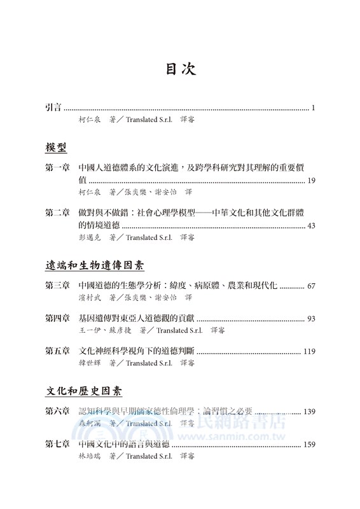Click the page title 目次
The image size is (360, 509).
(180, 69)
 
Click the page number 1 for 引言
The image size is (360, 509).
(314, 108)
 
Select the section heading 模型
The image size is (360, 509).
(57, 148)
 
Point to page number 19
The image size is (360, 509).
(310, 181)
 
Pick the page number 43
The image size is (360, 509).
(310, 225)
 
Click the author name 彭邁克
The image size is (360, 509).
(90, 237)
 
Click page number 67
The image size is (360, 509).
(310, 286)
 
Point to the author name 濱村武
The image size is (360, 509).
(90, 297)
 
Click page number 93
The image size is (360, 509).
(310, 318)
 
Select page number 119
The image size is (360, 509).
(308, 351)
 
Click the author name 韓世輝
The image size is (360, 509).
(90, 363)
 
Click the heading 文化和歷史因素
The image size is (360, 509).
(84, 390)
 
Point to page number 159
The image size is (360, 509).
(308, 445)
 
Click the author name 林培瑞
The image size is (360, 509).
(90, 456)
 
